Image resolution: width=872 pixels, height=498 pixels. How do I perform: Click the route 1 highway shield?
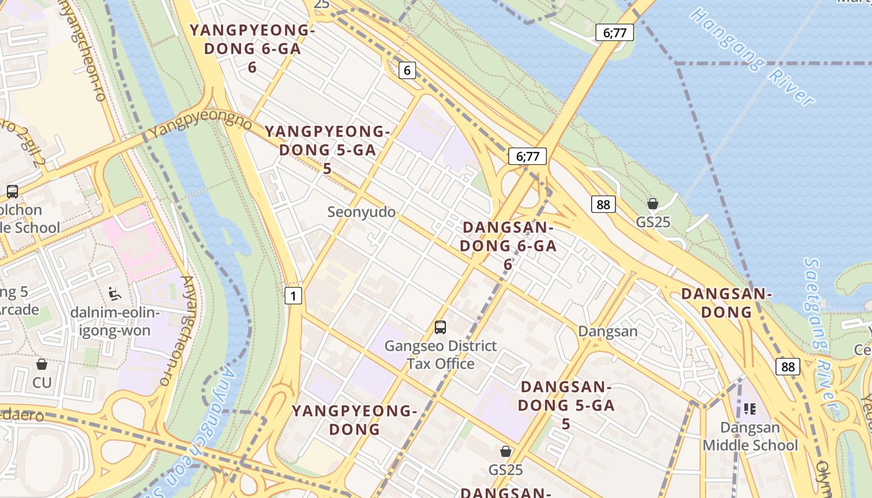[x=293, y=296]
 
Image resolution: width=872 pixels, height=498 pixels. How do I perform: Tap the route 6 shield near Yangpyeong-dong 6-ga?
[x=407, y=70]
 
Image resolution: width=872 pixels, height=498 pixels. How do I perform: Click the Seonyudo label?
[x=361, y=212]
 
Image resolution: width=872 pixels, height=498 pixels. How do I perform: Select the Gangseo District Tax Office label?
[x=440, y=355]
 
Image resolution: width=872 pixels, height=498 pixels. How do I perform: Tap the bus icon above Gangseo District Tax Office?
[x=440, y=327]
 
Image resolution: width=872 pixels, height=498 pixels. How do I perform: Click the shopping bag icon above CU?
[x=42, y=364]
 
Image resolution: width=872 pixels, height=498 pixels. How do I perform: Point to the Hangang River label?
[x=752, y=56]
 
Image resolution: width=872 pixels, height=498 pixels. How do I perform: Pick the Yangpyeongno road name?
[x=199, y=126]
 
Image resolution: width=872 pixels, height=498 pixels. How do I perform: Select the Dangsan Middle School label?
[x=750, y=436]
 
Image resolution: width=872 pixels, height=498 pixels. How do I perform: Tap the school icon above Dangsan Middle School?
[x=750, y=409]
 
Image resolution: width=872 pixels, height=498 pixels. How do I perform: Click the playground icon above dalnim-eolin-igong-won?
[x=114, y=293]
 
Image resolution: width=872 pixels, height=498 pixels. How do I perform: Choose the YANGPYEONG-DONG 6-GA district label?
[x=252, y=49]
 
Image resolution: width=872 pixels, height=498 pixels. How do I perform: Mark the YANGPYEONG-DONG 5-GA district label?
[x=328, y=149]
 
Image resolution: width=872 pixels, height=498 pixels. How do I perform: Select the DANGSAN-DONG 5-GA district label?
[x=566, y=405]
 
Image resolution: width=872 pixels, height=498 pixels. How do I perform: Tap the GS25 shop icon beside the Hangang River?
[x=653, y=204]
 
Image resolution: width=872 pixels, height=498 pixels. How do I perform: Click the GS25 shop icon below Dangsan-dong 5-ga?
[x=506, y=451]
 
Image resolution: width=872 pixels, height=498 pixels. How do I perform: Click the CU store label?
[x=42, y=382]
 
